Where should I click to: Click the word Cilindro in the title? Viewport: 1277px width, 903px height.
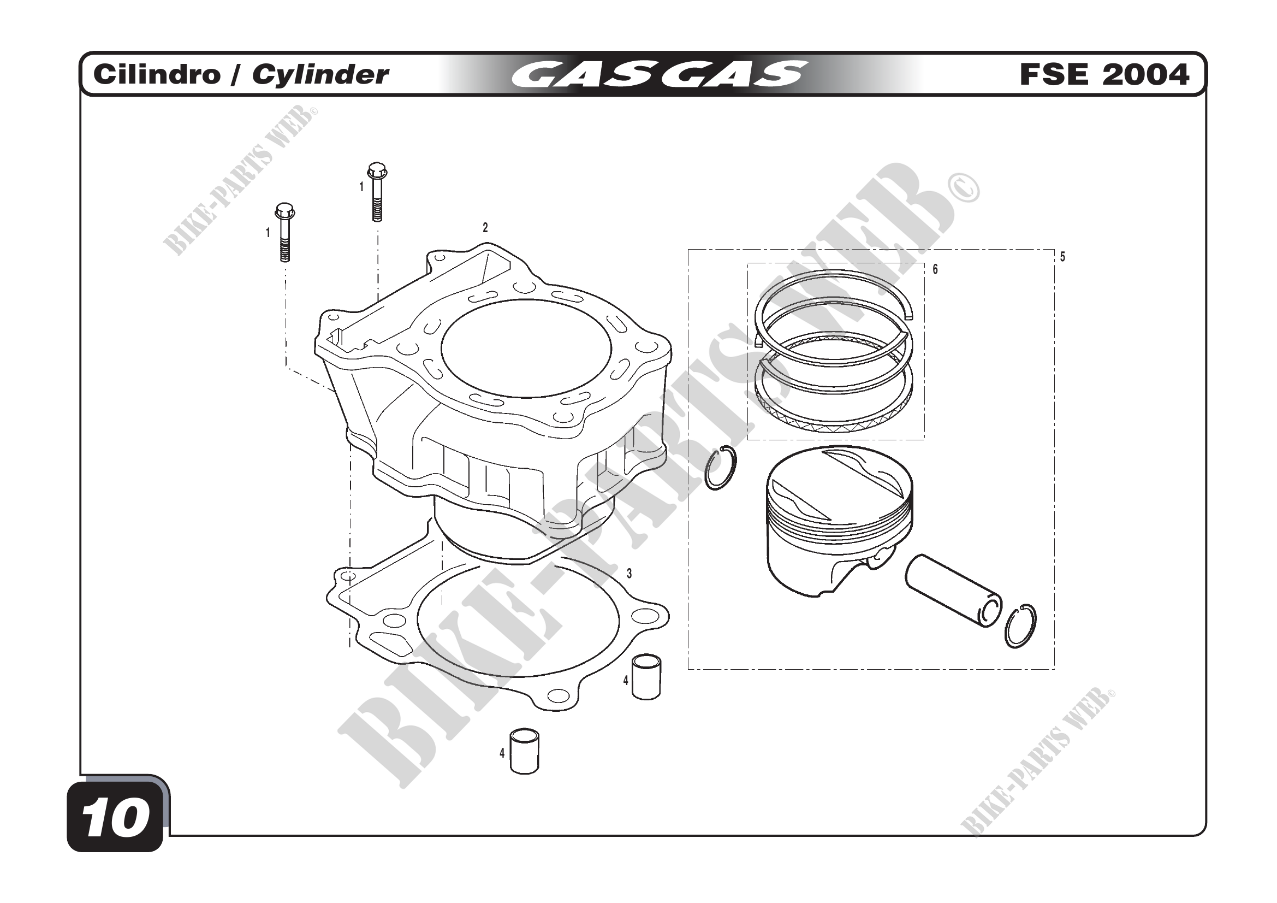pos(157,74)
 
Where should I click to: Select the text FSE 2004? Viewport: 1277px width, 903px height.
pos(1104,74)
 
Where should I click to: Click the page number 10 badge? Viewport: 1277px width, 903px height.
pos(116,817)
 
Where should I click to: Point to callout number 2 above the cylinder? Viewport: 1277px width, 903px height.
pos(485,228)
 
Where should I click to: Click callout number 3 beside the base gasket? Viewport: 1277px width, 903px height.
pos(629,574)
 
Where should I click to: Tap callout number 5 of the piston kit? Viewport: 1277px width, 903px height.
pos(1062,257)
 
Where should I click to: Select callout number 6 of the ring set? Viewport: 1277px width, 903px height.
pos(935,269)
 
